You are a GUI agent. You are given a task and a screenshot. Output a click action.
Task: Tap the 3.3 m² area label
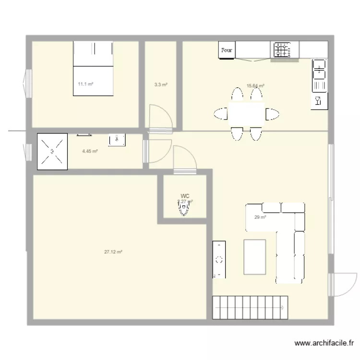tap(160, 85)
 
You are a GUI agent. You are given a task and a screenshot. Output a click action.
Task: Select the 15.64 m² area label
tap(255, 86)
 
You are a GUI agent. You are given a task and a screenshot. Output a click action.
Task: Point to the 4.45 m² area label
tap(90, 151)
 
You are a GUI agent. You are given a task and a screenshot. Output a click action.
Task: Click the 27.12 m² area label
tap(113, 252)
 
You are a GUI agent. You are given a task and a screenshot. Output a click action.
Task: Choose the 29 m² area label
tap(260, 217)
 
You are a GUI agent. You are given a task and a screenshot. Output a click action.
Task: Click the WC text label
tap(185, 196)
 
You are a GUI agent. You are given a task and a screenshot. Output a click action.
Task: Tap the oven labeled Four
tap(227, 50)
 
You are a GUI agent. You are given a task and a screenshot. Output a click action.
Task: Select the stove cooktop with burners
tap(282, 49)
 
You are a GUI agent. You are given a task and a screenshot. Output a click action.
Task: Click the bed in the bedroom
tap(93, 68)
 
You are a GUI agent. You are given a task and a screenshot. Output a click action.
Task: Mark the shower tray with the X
tap(52, 151)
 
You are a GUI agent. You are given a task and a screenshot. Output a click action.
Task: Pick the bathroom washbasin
tap(117, 139)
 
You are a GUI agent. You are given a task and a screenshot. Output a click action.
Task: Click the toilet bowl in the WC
tap(183, 209)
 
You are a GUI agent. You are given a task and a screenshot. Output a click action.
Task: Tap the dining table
tap(246, 114)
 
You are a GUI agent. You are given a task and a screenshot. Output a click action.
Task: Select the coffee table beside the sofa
tap(255, 257)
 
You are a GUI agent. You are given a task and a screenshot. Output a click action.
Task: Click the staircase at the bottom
tap(250, 307)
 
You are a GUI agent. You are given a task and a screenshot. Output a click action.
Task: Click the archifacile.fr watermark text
tap(324, 344)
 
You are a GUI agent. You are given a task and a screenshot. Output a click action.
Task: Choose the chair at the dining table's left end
tap(220, 114)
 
